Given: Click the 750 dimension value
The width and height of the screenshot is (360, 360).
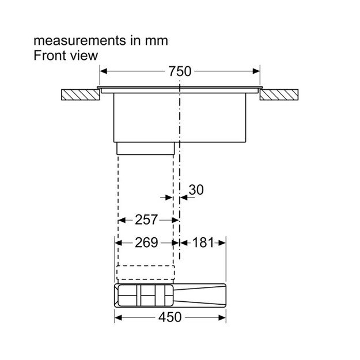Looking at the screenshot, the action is [180, 71].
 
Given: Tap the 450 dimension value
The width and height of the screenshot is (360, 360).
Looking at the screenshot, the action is [170, 317].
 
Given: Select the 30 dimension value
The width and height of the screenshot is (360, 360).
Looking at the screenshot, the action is [196, 190].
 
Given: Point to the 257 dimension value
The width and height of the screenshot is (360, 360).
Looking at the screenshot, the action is [146, 219].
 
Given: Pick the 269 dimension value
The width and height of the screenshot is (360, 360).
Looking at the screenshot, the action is [146, 242].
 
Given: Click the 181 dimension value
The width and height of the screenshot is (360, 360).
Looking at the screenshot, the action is [203, 242].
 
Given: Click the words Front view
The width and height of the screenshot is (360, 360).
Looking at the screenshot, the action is [66, 55].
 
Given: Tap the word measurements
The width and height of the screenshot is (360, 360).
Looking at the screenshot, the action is [79, 41].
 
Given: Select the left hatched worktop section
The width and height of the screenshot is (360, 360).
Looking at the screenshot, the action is [81, 95].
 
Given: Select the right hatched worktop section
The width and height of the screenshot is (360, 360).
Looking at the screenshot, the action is [279, 95].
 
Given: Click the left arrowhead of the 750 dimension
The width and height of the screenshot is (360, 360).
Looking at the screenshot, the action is [104, 71].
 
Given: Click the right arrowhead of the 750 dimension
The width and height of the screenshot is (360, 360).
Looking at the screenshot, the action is [256, 71].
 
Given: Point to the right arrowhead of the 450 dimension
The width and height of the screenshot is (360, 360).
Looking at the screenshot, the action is [222, 318].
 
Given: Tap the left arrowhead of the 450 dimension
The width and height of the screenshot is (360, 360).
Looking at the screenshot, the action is [118, 318].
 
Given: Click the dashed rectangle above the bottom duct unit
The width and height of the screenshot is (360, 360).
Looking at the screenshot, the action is [146, 272].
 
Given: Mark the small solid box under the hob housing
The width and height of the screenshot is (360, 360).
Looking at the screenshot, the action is [146, 148].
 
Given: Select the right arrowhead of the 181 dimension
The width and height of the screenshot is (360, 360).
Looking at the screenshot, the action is [222, 243].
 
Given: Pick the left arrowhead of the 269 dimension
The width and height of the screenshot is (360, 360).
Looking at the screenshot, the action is [118, 243].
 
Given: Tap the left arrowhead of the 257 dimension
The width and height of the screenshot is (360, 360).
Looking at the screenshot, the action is [122, 221].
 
